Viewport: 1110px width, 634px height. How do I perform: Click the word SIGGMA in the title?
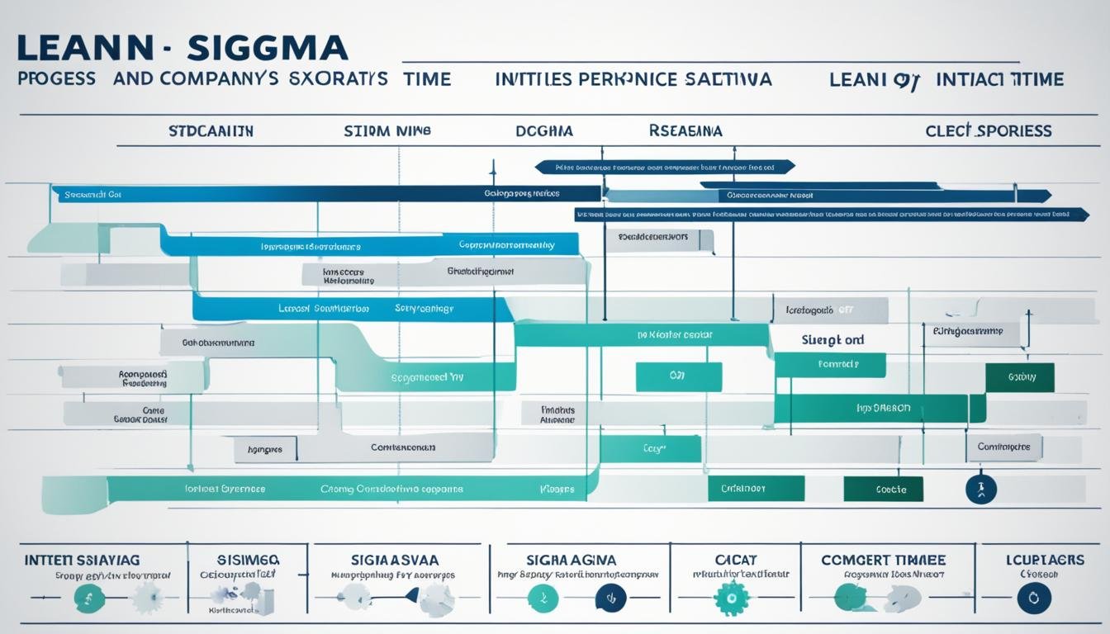pos(268,47)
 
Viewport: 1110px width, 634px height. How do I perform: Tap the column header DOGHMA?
pos(544,131)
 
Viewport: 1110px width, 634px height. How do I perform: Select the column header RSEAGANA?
pos(685,131)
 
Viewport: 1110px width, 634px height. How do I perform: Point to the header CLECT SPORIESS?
pos(989,131)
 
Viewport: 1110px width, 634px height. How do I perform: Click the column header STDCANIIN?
pos(211,131)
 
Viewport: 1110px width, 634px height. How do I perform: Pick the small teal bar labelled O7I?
pos(678,376)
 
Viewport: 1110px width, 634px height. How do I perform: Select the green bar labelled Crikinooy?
pos(756,489)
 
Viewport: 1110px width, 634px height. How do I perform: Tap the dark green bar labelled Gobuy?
pos(1020,376)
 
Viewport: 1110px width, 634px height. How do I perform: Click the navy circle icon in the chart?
pos(981,489)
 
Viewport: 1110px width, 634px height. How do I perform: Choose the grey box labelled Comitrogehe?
pos(1003,447)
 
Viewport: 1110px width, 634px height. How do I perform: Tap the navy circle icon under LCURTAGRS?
pos(1034,598)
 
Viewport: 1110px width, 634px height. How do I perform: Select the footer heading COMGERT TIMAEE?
pos(883,560)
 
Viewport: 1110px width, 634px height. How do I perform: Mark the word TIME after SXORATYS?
pos(428,79)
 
